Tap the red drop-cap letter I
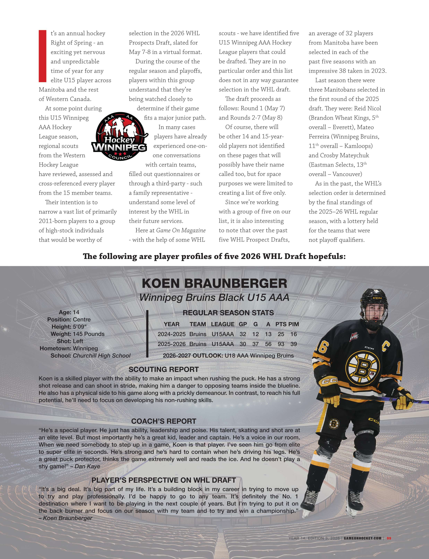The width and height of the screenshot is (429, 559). pyautogui.click(x=42, y=56)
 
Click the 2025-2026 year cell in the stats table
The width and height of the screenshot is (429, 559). pyautogui.click(x=171, y=344)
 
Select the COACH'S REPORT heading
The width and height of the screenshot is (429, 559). pyautogui.click(x=163, y=421)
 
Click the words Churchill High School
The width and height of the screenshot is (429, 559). pyautogui.click(x=102, y=356)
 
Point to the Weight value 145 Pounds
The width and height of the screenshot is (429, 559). pyautogui.click(x=89, y=334)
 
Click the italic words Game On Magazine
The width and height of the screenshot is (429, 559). pyautogui.click(x=181, y=230)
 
